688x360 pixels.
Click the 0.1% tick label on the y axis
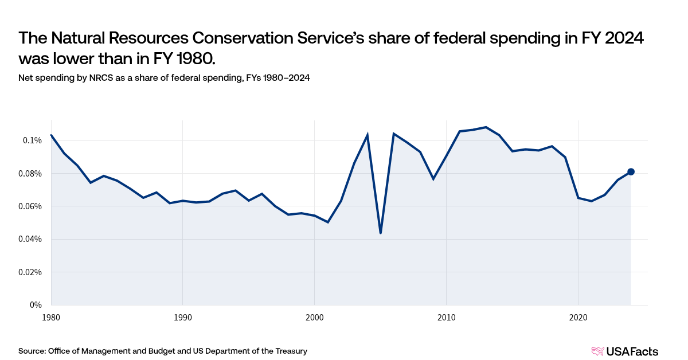coord(32,140)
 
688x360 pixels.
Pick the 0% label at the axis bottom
coord(36,305)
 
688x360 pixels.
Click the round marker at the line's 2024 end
coord(631,171)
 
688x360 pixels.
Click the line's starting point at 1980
coord(51,135)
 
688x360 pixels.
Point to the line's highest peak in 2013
coord(486,127)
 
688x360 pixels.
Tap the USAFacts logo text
coord(632,351)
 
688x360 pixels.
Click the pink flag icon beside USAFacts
coord(597,351)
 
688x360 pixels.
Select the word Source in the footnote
coord(32,351)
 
